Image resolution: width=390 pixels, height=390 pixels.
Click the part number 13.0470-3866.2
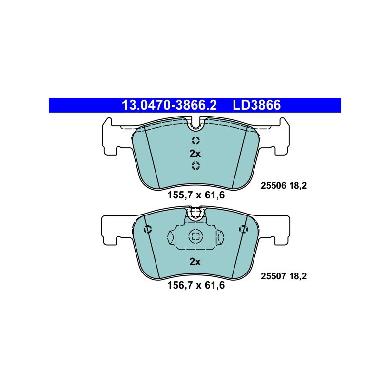click(x=169, y=105)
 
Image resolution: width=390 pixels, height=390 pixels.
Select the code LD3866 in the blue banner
click(x=257, y=105)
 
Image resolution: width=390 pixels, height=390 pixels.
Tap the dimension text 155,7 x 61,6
click(x=196, y=195)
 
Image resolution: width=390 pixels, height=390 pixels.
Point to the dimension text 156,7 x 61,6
click(x=196, y=285)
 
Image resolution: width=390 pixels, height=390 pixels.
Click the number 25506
click(x=273, y=186)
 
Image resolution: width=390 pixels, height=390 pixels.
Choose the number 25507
click(x=273, y=276)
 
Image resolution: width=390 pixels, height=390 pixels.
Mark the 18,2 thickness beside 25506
click(x=298, y=186)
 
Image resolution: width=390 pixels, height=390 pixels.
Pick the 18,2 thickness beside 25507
click(x=298, y=276)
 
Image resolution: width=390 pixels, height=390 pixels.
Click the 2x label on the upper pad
click(x=195, y=154)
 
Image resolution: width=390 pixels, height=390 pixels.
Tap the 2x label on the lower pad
click(x=195, y=262)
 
